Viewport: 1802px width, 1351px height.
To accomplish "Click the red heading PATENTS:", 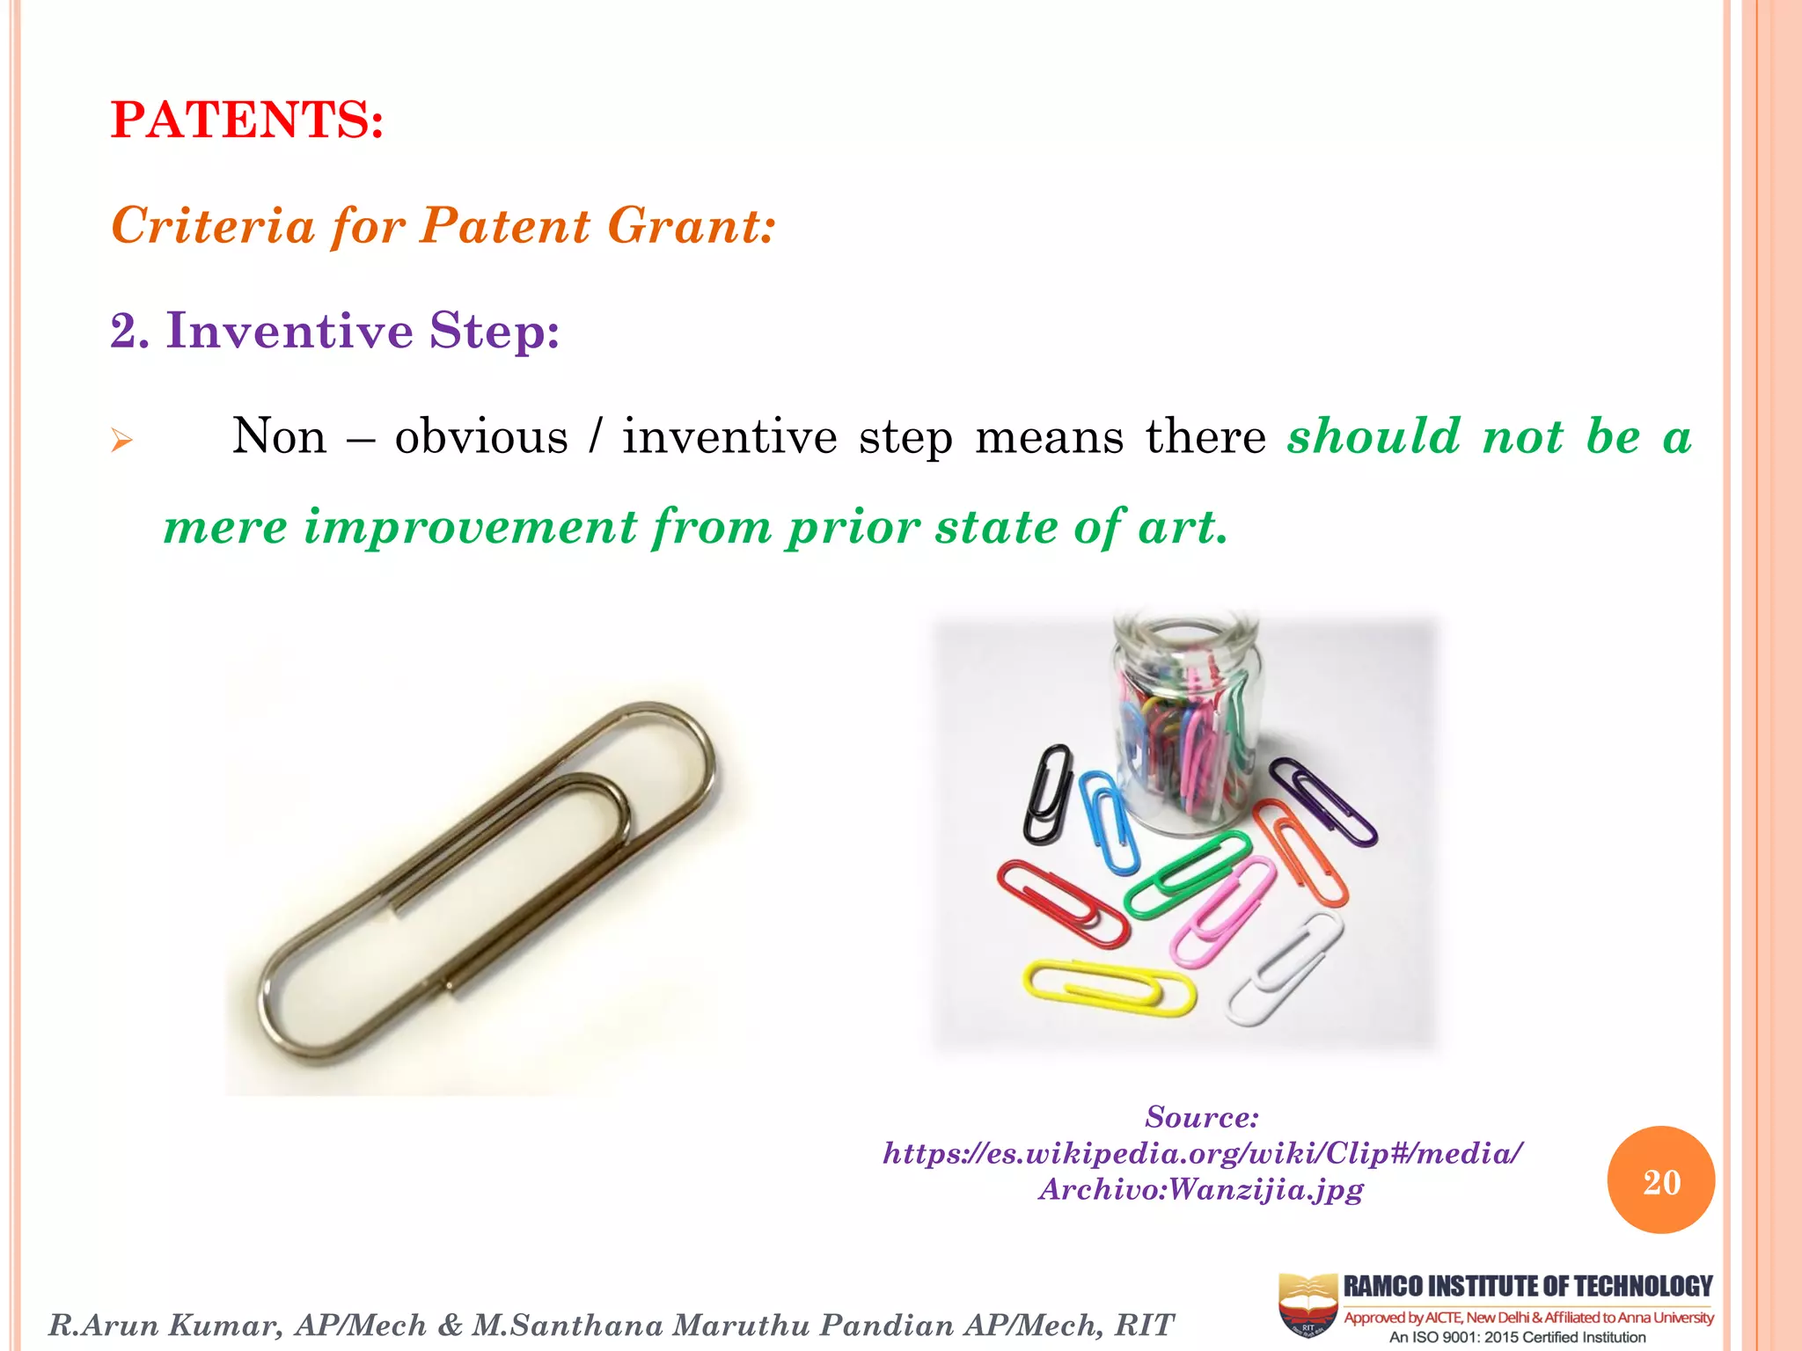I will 247,120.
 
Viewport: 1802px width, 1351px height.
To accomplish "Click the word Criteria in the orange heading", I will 213,225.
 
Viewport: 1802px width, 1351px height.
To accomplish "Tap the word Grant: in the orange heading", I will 692,225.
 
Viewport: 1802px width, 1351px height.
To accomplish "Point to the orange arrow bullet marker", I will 121,440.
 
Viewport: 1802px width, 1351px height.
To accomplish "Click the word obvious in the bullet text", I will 481,437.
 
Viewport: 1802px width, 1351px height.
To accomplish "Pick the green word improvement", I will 471,527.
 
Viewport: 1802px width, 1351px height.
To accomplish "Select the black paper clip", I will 1047,793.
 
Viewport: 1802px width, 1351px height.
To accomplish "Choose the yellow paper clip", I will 1109,988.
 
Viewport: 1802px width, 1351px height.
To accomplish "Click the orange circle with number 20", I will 1660,1180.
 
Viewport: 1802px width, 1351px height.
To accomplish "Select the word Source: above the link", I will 1202,1117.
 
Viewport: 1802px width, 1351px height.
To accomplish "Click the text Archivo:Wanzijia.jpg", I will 1201,1189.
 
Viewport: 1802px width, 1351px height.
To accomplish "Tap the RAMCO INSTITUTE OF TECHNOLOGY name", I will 1527,1286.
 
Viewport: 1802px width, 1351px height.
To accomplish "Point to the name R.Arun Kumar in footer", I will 165,1325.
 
